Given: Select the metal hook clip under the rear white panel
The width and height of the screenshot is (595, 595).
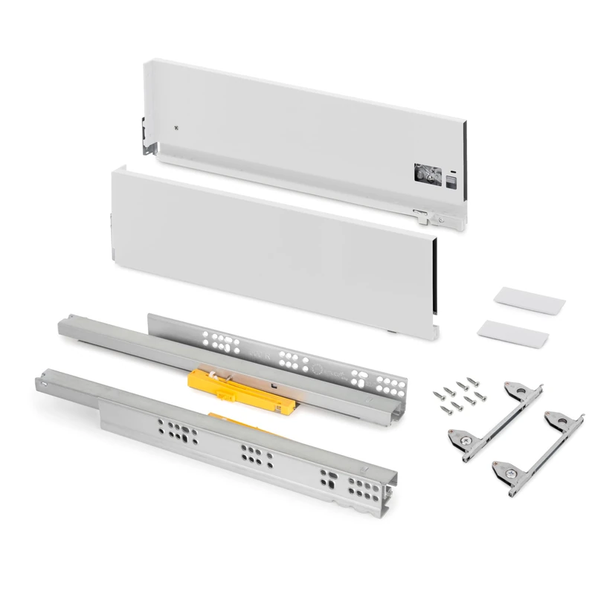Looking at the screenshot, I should pos(421,217).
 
